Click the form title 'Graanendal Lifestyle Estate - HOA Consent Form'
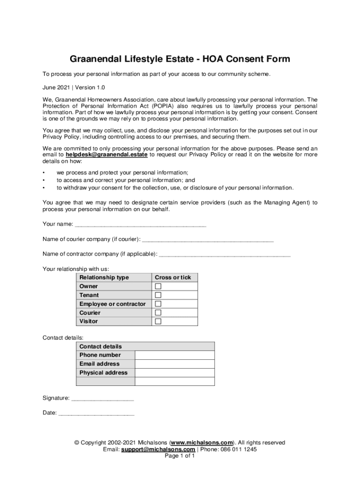(x=180, y=59)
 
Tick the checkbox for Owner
(x=158, y=286)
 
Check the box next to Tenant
(x=158, y=295)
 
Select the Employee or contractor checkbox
(x=158, y=304)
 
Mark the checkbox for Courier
(x=158, y=312)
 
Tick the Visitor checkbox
(x=158, y=321)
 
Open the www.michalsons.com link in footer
(x=202, y=443)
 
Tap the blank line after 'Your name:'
(x=140, y=225)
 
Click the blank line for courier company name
(x=208, y=240)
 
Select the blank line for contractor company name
(x=225, y=254)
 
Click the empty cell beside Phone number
(x=175, y=355)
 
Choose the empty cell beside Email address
(x=175, y=364)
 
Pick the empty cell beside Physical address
(x=175, y=373)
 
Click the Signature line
(x=102, y=399)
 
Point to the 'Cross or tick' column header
(x=173, y=277)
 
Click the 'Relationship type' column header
(x=104, y=277)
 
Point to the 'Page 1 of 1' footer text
(x=180, y=456)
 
